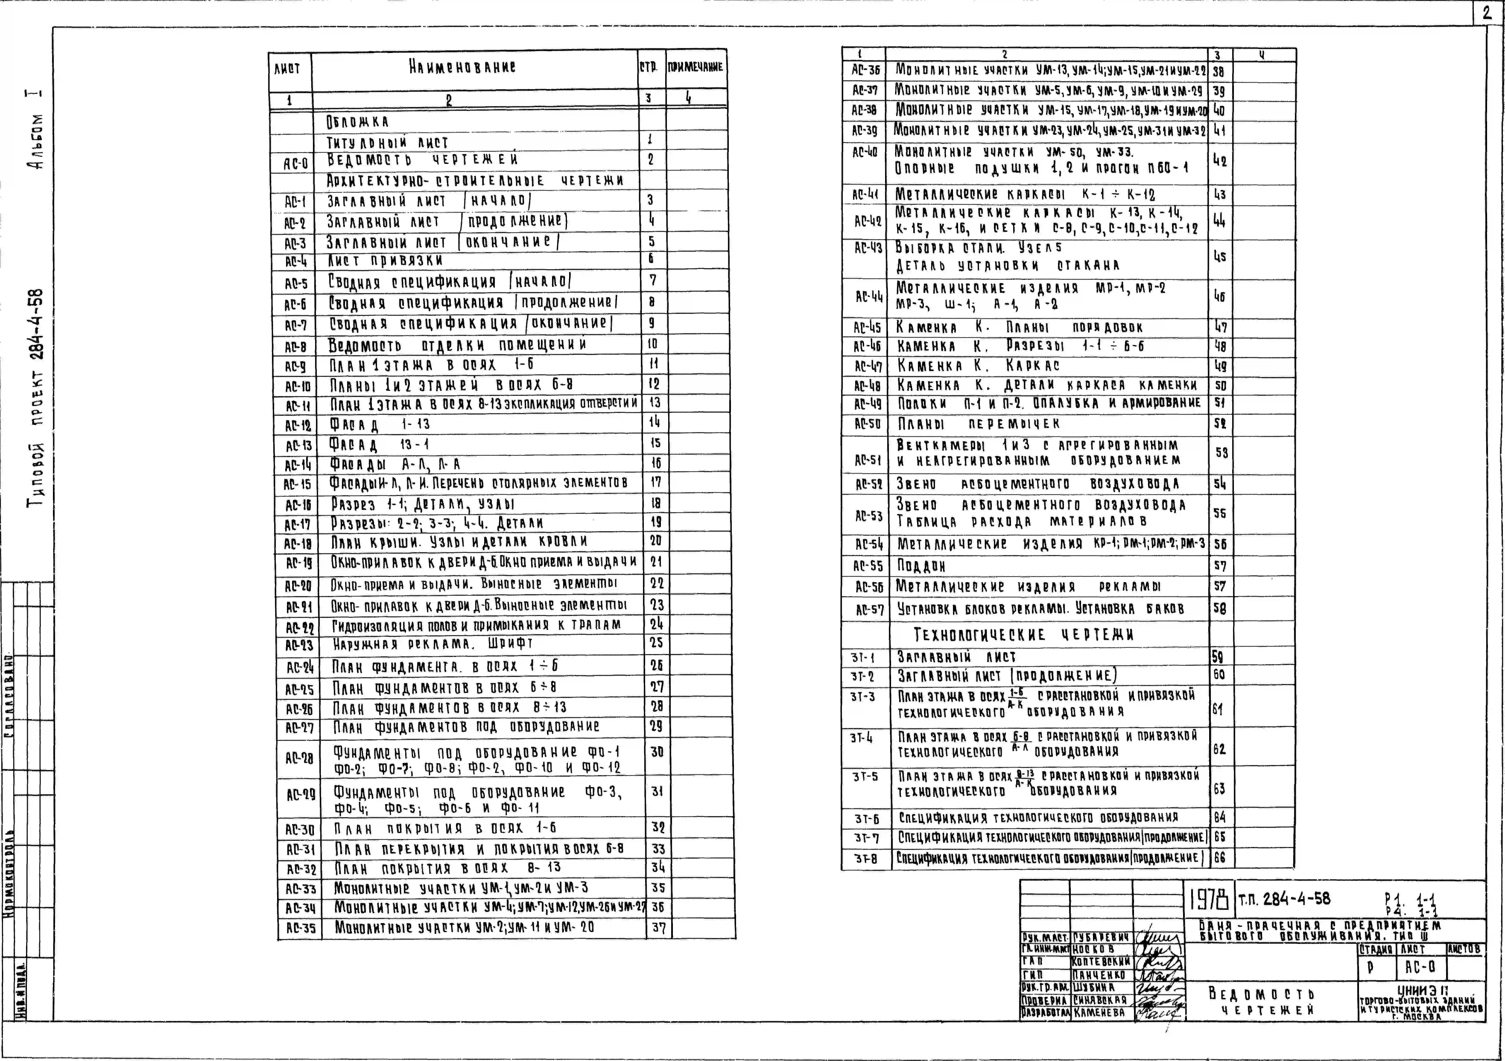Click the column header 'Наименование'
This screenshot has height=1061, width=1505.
click(x=462, y=67)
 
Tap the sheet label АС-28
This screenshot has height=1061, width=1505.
click(x=299, y=758)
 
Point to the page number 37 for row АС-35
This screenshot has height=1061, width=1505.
click(x=659, y=928)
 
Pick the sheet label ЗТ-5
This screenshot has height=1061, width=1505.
click(x=865, y=777)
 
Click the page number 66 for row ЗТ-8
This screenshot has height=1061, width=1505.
click(x=1219, y=857)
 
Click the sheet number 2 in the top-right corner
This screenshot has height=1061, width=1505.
click(x=1486, y=13)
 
